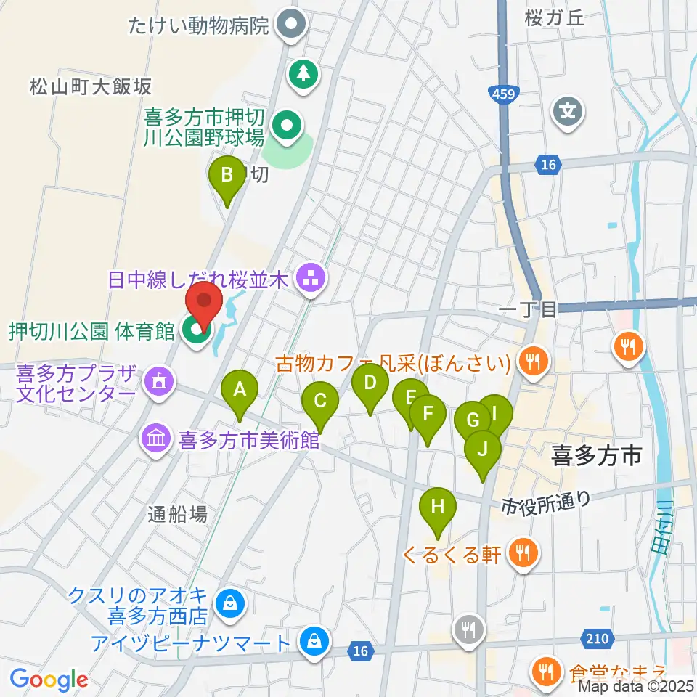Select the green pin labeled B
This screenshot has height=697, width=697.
[x=227, y=176]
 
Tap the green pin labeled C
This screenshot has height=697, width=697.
[x=319, y=401]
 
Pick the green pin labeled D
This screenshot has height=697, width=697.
[x=370, y=383]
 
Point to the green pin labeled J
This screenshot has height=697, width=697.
[x=483, y=449]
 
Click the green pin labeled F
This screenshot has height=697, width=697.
[x=428, y=415]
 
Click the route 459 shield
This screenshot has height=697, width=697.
[x=499, y=94]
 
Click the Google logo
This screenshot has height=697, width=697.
[x=49, y=680]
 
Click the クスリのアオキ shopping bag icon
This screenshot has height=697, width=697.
[x=230, y=603]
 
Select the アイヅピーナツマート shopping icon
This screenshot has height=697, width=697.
[x=314, y=641]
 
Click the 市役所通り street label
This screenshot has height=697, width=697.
[x=546, y=501]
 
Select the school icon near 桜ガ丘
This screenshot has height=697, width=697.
[x=568, y=111]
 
